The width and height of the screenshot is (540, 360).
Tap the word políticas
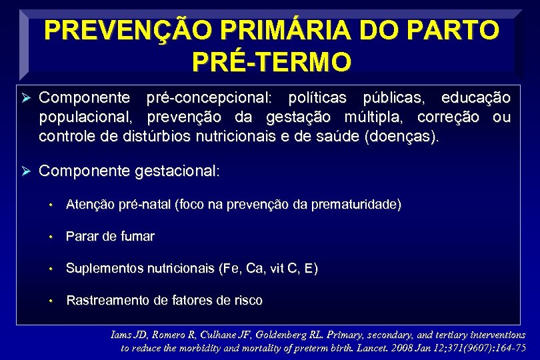[317, 99]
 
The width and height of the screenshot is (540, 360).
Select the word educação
[476, 99]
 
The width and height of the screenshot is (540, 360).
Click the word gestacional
[176, 171]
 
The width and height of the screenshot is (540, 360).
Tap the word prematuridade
[355, 205]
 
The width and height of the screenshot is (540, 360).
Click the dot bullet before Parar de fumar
[52, 237]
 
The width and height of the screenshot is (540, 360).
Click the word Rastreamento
[108, 301]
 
